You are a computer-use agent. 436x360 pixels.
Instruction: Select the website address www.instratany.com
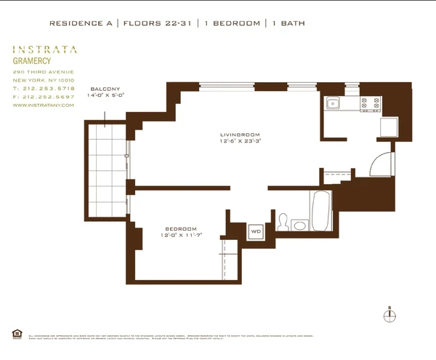coord(43,105)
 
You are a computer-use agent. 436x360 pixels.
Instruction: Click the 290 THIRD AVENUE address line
coord(43,71)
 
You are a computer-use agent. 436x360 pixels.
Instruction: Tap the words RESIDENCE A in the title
coord(81,23)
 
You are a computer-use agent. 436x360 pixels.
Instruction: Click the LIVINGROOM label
coord(239,135)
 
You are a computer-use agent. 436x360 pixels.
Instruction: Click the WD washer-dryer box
coord(256,232)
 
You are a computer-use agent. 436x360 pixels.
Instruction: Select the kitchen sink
coord(334,103)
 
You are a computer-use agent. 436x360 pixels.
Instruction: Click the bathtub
coord(321,209)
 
